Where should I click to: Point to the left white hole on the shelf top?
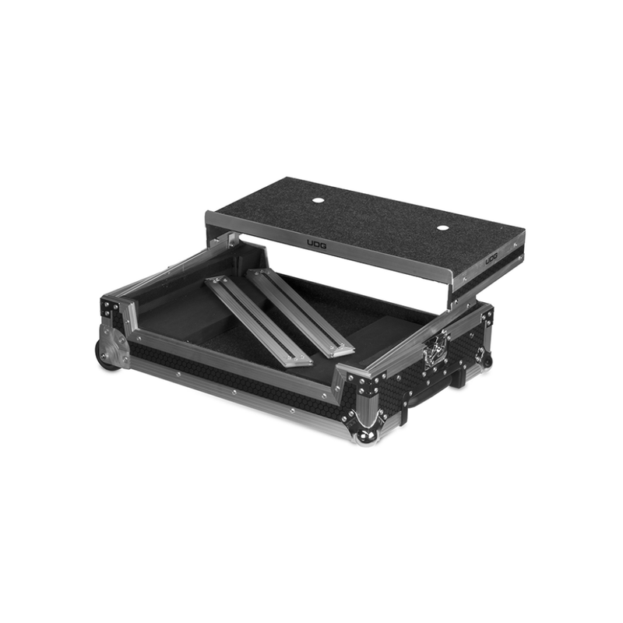318,202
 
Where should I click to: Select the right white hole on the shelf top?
442,228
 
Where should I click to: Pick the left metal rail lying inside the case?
257,319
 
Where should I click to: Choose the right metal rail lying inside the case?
301,311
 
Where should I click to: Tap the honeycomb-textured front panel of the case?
234,374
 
